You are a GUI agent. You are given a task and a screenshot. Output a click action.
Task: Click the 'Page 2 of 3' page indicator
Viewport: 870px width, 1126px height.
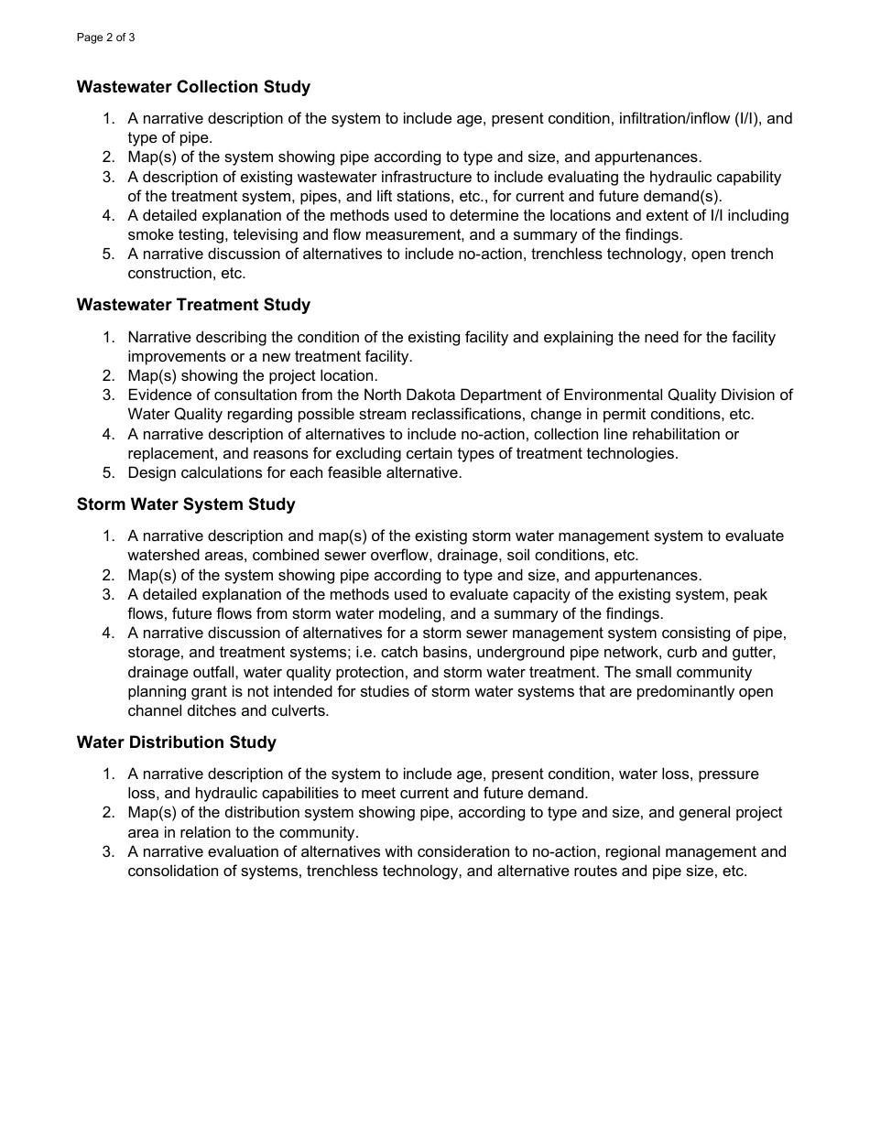(106, 38)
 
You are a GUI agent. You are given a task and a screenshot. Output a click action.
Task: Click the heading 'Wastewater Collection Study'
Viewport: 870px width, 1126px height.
(193, 87)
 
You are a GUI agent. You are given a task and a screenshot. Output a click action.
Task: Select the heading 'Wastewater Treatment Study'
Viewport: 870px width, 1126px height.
(193, 305)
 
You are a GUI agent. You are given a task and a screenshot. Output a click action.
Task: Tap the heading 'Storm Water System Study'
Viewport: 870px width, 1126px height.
(186, 504)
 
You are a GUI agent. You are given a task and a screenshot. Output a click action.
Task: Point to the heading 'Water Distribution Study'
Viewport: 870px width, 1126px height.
(177, 742)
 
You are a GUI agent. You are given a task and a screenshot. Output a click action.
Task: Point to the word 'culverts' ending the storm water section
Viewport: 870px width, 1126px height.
(299, 710)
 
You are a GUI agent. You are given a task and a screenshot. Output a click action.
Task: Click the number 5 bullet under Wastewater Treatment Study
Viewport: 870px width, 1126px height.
(107, 472)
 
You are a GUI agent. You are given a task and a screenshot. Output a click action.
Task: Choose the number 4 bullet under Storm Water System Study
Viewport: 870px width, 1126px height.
(107, 633)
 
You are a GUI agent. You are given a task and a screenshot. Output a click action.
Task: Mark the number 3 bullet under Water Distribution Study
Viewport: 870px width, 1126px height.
(107, 851)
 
